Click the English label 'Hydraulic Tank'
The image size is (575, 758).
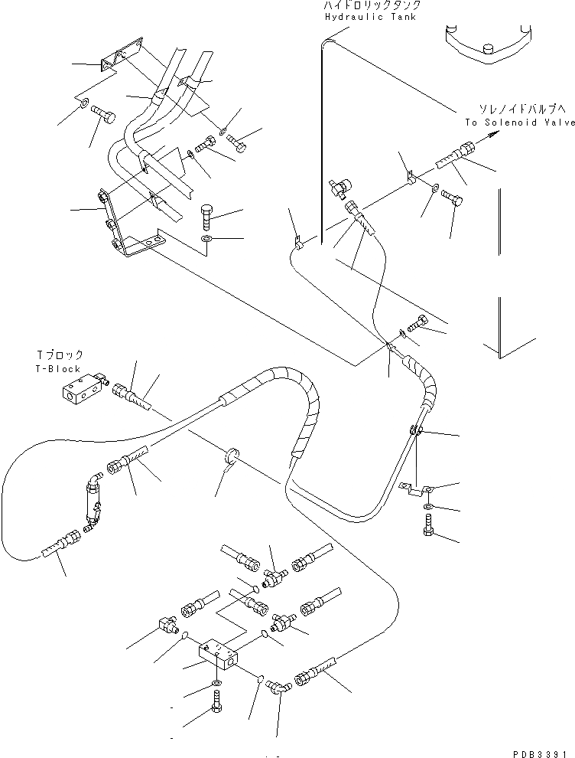point(370,16)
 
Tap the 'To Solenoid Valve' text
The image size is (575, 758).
point(519,122)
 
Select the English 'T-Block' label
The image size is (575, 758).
point(59,368)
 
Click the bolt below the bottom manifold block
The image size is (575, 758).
point(216,700)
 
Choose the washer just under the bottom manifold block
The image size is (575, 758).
point(216,681)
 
